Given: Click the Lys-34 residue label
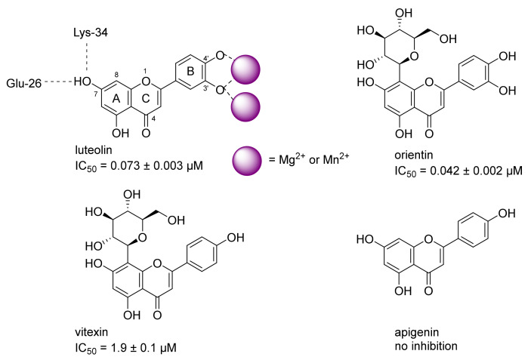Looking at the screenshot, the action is (x=91, y=32).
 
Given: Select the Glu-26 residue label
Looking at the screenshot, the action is (x=23, y=83).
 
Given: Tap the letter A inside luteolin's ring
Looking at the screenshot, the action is (x=116, y=99).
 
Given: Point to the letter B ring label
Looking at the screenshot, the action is (x=190, y=72).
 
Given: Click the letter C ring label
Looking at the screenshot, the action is (x=146, y=98).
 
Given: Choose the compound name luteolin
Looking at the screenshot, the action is (x=94, y=149).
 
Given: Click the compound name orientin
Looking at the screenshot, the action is (x=414, y=155).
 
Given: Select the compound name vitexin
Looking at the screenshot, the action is (x=91, y=332).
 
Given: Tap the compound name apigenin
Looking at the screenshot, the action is (x=416, y=333).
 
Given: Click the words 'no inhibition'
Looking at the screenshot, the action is (x=426, y=346).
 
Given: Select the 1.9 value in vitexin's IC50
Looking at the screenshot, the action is (x=117, y=348).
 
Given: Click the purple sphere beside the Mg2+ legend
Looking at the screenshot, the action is (x=247, y=161).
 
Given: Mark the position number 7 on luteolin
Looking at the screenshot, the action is (x=95, y=94).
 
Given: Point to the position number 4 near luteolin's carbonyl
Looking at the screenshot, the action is (x=153, y=118).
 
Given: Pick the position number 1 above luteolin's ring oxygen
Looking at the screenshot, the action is (x=145, y=71).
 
